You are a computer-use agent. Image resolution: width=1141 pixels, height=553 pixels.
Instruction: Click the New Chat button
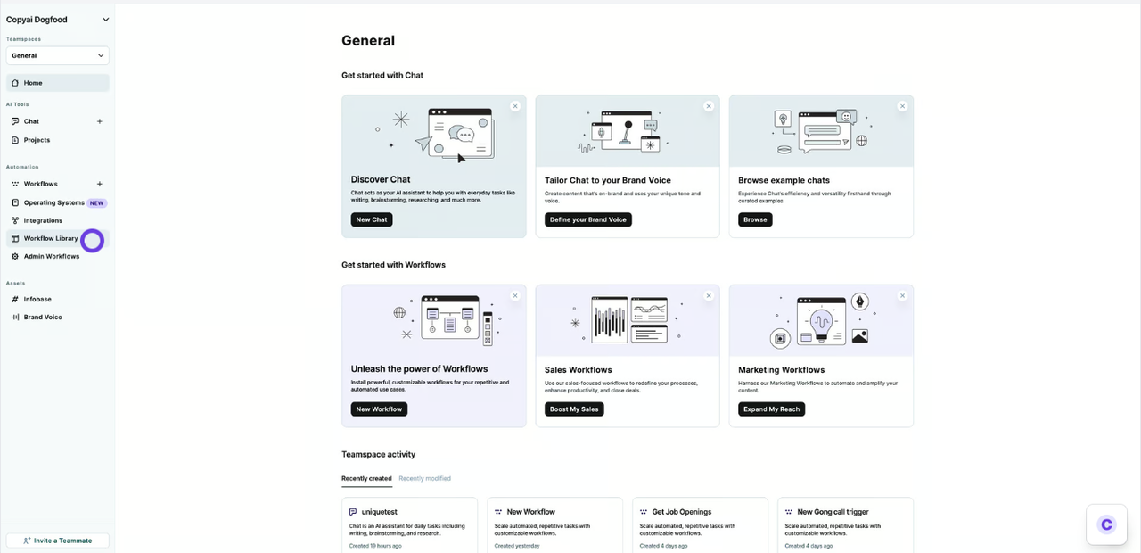tap(371, 219)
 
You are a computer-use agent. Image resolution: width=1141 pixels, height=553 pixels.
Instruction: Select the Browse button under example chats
tap(755, 219)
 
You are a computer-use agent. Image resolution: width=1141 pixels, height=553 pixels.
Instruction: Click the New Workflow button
tap(379, 409)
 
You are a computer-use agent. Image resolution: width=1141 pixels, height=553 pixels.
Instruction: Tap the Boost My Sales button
tap(574, 409)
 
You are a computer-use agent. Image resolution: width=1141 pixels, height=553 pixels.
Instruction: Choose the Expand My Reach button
tap(771, 409)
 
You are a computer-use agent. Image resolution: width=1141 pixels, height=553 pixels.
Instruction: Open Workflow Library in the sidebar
tap(51, 238)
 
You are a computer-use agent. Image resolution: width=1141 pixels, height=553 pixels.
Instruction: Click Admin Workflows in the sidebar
tap(51, 256)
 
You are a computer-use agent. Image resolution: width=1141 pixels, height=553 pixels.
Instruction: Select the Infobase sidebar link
tap(37, 299)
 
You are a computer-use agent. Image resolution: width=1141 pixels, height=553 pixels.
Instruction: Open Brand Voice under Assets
tap(43, 317)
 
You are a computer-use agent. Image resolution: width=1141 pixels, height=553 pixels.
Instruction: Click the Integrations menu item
tap(43, 220)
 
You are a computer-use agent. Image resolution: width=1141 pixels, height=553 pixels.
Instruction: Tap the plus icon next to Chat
tap(99, 121)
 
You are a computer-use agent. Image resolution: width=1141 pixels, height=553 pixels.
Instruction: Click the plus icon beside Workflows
tap(99, 184)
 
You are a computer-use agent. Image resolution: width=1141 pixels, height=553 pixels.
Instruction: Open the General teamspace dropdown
tap(58, 55)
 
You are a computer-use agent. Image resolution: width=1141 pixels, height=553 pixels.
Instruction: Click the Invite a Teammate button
tap(58, 541)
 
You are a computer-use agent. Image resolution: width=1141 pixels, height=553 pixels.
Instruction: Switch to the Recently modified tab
tap(424, 479)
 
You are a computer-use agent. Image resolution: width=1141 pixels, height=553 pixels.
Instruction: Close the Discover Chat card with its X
tap(515, 106)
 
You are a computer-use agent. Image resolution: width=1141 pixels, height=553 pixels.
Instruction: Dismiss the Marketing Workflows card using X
tap(902, 296)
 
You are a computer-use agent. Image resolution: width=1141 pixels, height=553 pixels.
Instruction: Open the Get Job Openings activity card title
tap(681, 512)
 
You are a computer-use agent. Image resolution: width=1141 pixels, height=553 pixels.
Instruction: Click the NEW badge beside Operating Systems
tap(97, 202)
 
